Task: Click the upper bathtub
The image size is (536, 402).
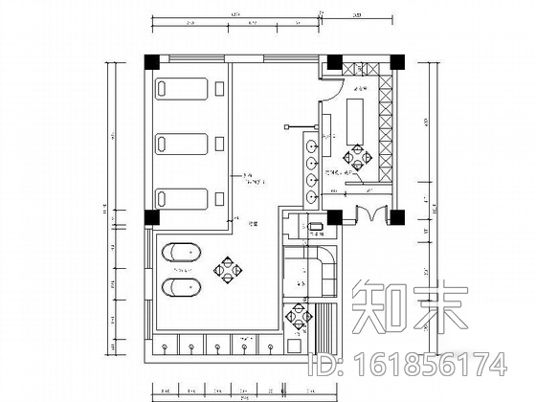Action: tap(182, 255)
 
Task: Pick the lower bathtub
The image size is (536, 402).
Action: tap(182, 289)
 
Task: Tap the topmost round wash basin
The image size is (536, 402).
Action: tap(312, 146)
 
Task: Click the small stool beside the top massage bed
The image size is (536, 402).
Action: tap(220, 92)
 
